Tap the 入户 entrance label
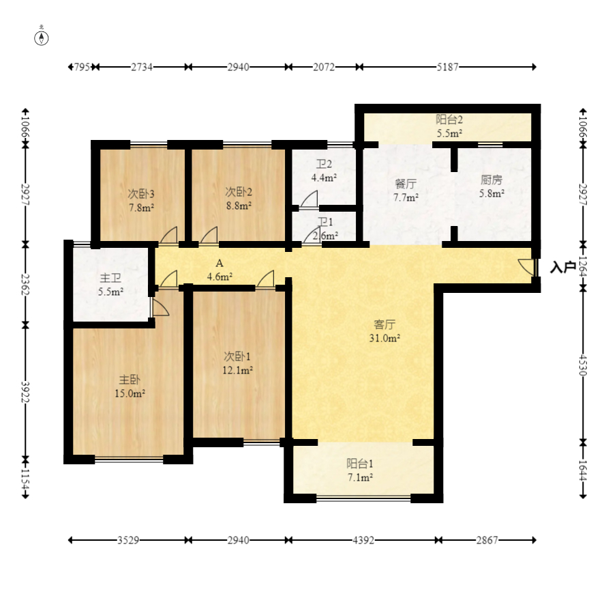point(562,267)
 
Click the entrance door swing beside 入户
point(526,267)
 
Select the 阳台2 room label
point(449,119)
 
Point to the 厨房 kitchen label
point(491,180)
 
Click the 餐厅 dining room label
point(406,184)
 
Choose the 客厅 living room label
point(384,324)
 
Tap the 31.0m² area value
point(384,338)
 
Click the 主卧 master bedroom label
point(130,380)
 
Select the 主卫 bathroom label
point(110,278)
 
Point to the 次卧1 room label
point(237,356)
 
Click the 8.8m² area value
point(239,206)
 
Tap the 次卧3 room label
point(141,193)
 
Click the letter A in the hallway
point(219,264)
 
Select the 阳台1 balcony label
point(360,464)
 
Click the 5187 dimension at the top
point(447,67)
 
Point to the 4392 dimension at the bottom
point(363,540)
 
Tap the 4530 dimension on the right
point(583,365)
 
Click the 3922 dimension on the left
point(25,392)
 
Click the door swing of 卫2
point(309,199)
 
